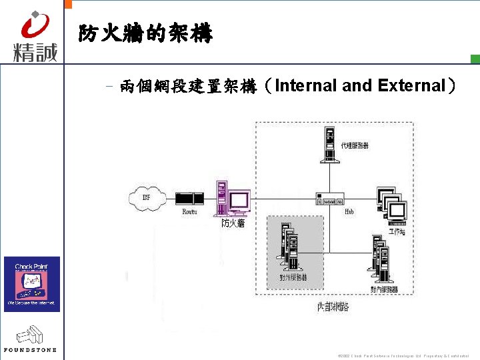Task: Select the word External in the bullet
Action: [x=412, y=86]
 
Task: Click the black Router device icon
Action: [x=189, y=198]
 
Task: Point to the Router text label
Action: [x=190, y=211]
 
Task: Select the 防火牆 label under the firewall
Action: [x=233, y=223]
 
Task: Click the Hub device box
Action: [x=330, y=199]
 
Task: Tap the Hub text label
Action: [x=349, y=211]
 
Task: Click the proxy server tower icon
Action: [x=329, y=146]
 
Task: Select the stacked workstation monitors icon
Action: [x=391, y=203]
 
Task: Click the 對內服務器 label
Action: [x=384, y=289]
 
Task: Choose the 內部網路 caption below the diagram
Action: [x=333, y=307]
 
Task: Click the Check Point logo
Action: [x=32, y=284]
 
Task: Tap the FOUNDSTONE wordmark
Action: [x=30, y=349]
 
